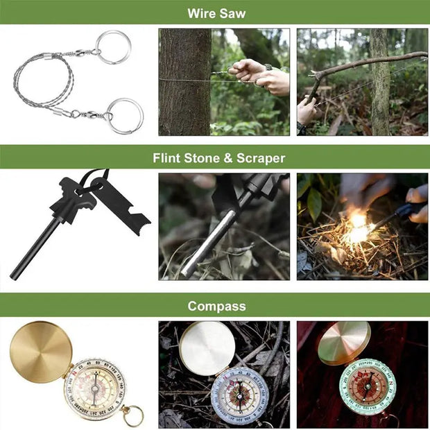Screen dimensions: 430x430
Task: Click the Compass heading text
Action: [x=215, y=306]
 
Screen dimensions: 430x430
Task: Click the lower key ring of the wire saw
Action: [x=126, y=114]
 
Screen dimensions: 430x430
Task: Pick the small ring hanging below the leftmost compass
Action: [x=133, y=415]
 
